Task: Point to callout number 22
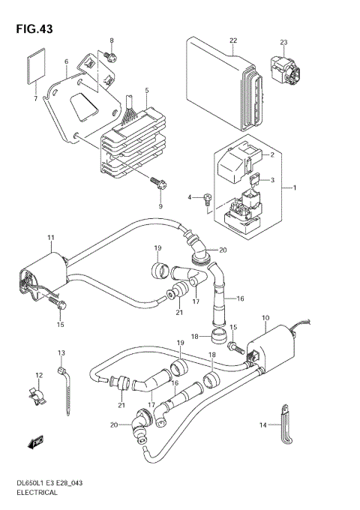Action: point(233,40)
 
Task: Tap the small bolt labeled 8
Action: point(110,55)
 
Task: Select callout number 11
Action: point(50,238)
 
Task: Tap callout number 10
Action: point(265,318)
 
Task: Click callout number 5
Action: point(147,91)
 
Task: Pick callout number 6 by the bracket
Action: point(66,62)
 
